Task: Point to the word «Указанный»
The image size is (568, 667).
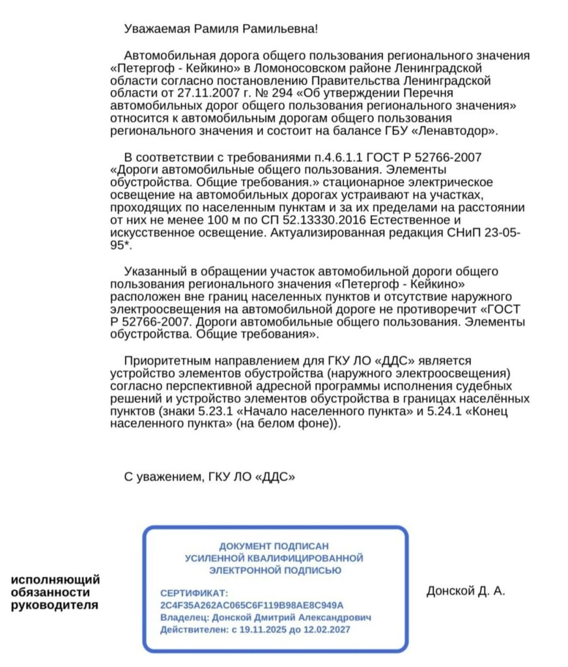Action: (x=156, y=271)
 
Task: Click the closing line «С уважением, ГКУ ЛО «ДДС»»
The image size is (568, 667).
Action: (x=209, y=477)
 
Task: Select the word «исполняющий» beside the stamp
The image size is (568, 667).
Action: (x=56, y=579)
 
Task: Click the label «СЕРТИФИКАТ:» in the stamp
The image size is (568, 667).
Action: (x=194, y=593)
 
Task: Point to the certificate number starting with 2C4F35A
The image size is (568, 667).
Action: (x=251, y=605)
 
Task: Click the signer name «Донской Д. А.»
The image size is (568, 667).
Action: (x=466, y=591)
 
